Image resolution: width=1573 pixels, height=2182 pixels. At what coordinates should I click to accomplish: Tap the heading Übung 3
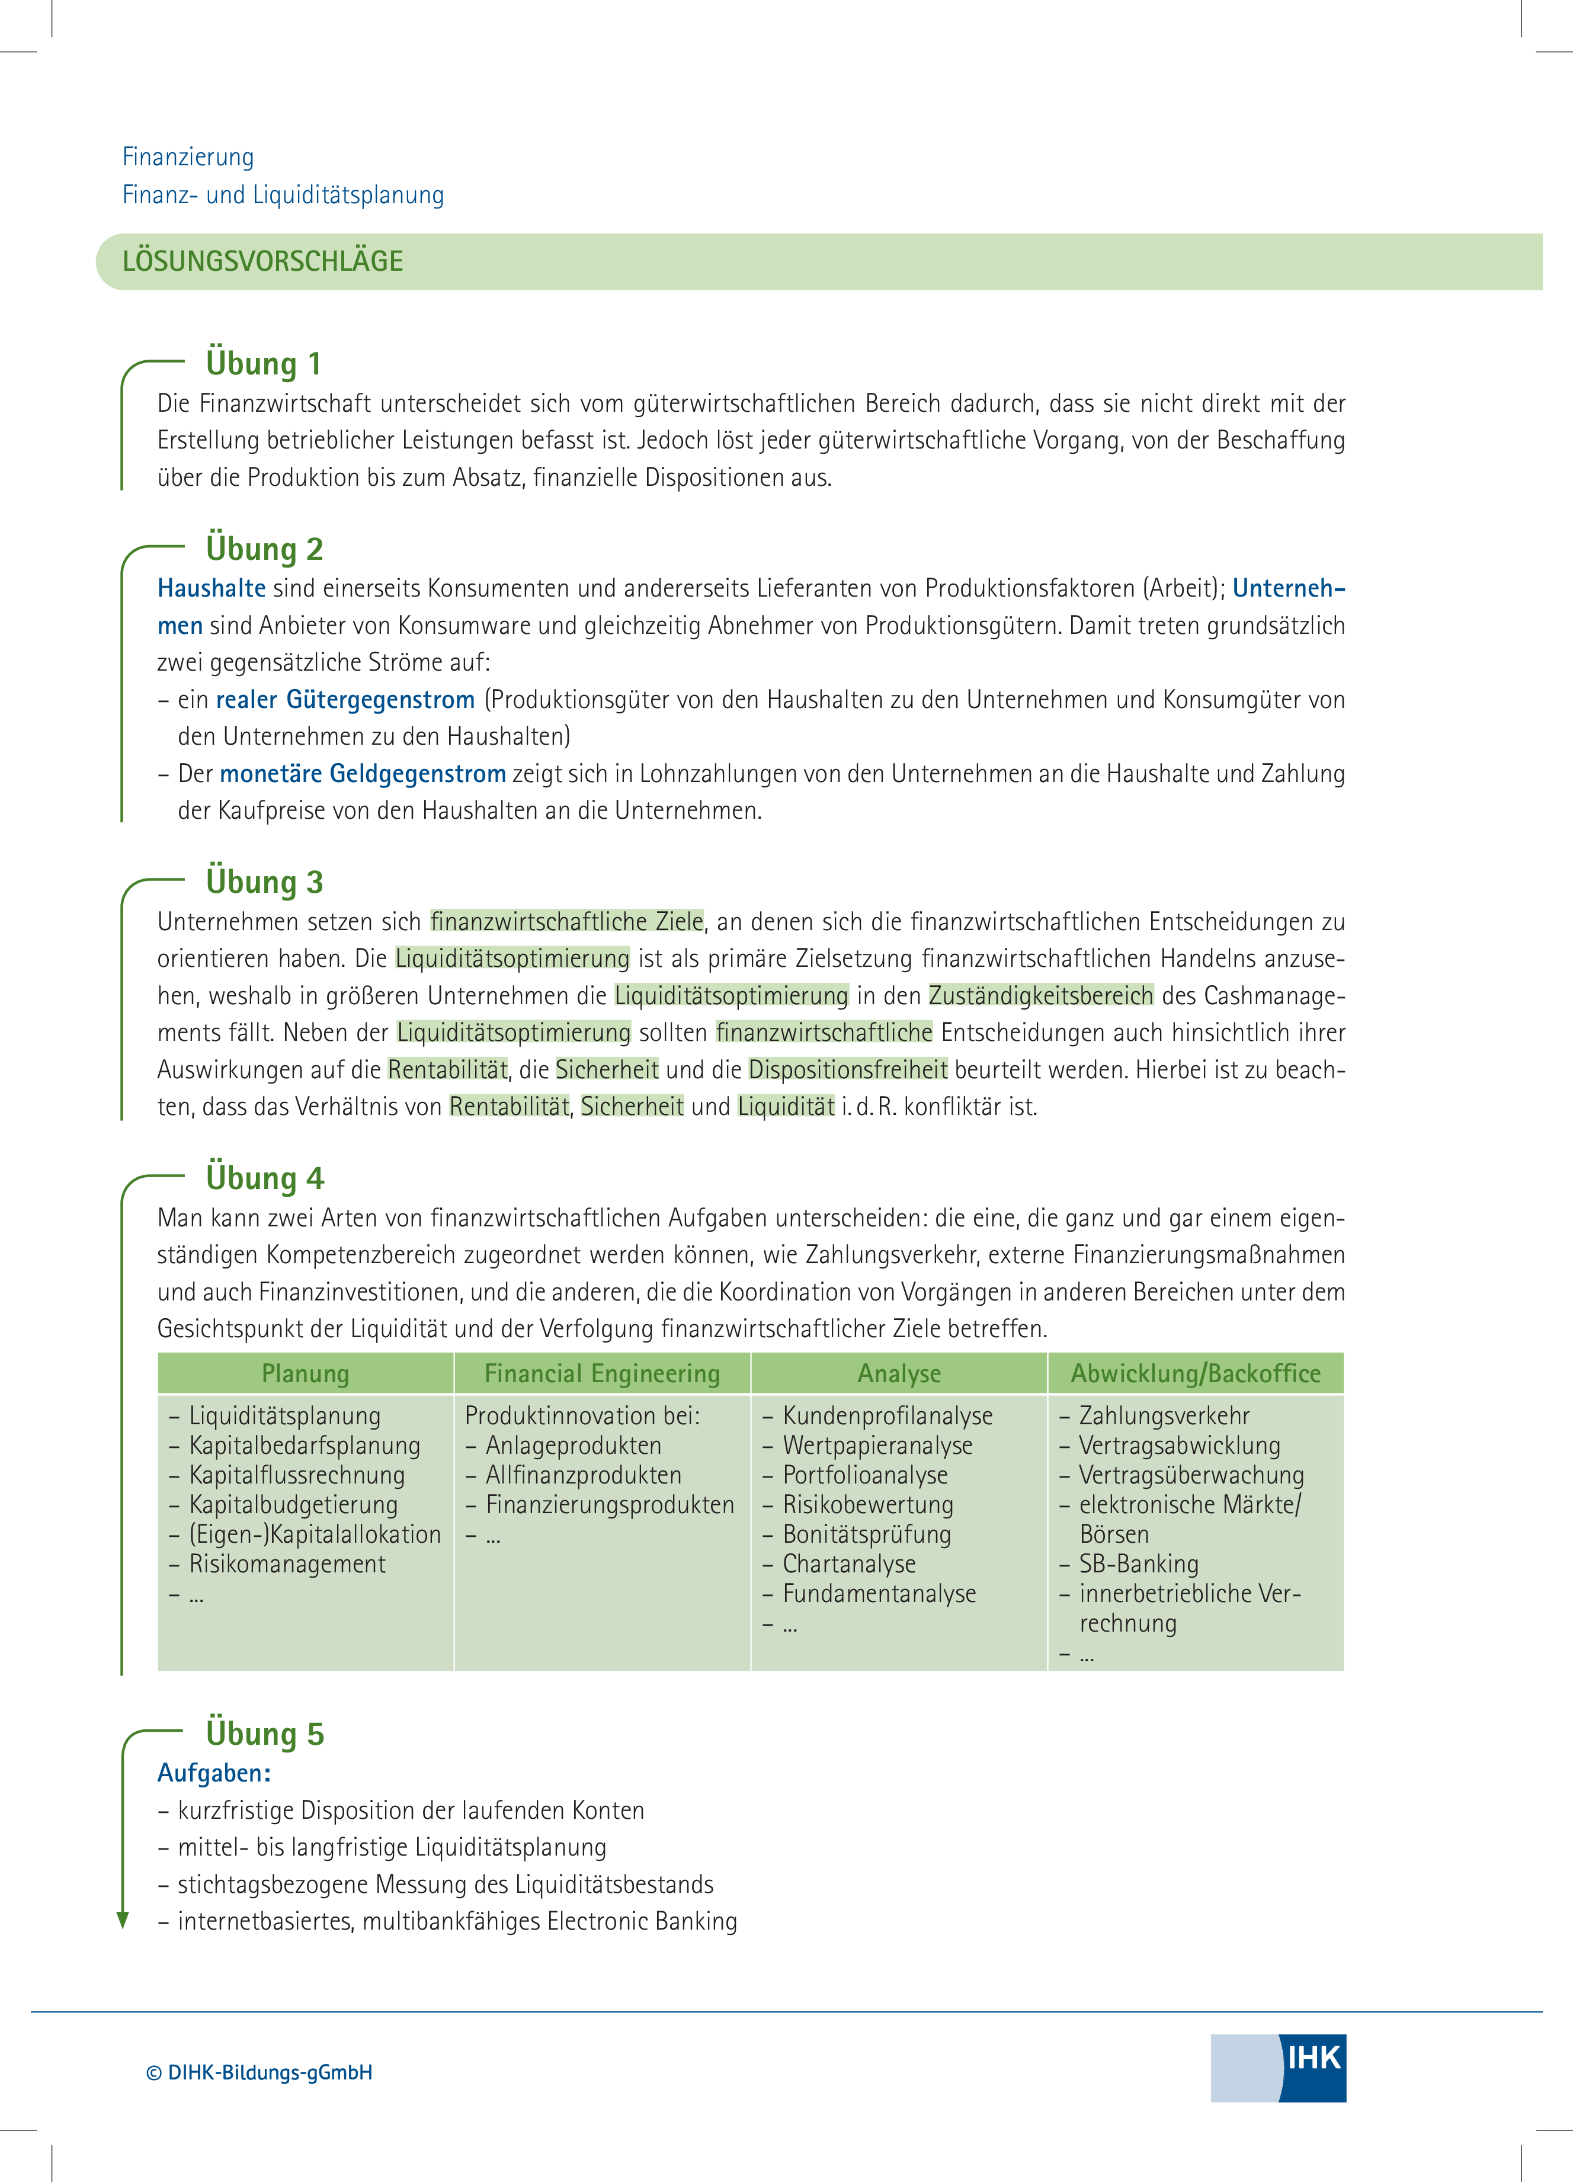pos(265,881)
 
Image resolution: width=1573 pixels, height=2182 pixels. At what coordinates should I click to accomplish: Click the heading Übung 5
pos(265,1734)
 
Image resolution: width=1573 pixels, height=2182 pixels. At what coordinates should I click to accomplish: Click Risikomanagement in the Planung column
pos(287,1563)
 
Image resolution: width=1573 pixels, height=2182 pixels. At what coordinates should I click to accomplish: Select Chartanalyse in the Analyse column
pos(848,1563)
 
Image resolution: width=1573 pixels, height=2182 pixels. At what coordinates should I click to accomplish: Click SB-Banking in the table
pos(1138,1563)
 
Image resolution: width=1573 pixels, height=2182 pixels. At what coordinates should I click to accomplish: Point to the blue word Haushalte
pos(212,588)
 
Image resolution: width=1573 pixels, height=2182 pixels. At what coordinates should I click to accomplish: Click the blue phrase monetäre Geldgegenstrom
pos(363,774)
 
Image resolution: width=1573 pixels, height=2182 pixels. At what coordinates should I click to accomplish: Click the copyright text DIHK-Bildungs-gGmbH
pos(259,2072)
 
